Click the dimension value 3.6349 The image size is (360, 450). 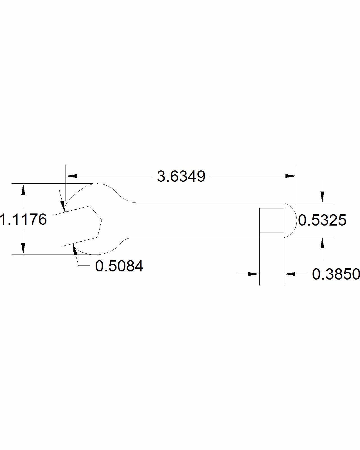pos(181,176)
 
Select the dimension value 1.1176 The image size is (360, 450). pos(23,219)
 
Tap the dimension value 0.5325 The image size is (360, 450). pos(322,220)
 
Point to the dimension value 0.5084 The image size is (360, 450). pos(119,266)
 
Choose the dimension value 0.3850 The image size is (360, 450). pos(336,274)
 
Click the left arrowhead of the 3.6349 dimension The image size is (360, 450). pos(71,176)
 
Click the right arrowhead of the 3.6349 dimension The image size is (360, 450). pos(291,176)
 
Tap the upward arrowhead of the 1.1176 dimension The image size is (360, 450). pos(23,189)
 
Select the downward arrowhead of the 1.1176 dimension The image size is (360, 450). pos(23,249)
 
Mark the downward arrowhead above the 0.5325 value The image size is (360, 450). pos(322,197)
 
